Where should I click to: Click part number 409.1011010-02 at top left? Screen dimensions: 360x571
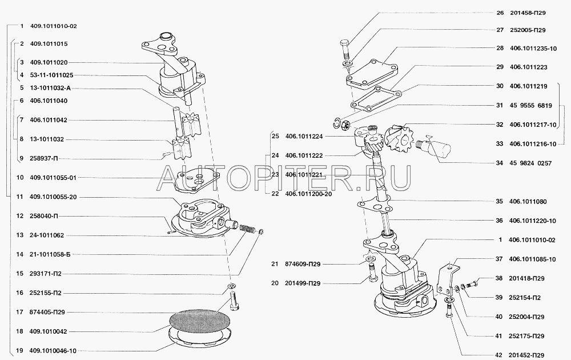53,26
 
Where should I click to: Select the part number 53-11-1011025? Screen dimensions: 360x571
51,75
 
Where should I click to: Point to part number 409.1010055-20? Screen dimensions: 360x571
53,197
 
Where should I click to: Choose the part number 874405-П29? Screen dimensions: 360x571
50,312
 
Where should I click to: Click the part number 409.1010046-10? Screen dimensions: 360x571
53,350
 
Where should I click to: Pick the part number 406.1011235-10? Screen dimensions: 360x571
533,49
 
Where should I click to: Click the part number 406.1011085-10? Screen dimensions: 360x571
533,259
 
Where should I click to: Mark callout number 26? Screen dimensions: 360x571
500,11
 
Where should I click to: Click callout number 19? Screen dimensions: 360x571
20,350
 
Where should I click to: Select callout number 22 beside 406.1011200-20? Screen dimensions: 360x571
275,194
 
